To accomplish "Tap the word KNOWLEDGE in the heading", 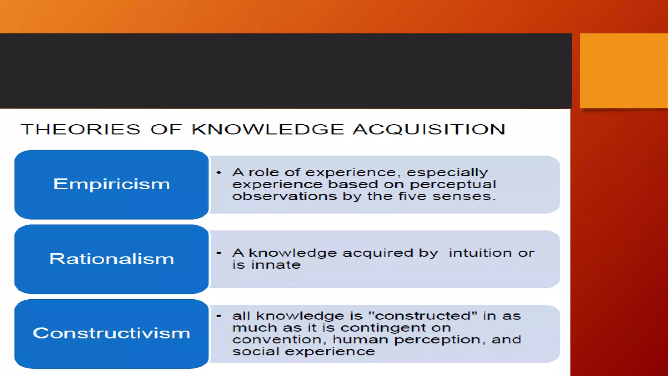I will [x=267, y=129].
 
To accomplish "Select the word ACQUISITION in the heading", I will [x=429, y=129].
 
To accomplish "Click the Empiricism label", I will [x=112, y=184].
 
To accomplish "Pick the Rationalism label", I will [x=112, y=259].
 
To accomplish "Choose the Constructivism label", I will [x=112, y=333].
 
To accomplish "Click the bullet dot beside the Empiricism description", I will [x=219, y=172].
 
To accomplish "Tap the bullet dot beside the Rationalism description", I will [x=219, y=253].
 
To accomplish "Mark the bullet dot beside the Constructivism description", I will [x=219, y=316].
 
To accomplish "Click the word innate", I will [x=276, y=265].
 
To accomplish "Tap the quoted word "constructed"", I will [x=423, y=316].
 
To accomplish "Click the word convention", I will [x=279, y=340].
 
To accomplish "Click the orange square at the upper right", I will [x=623, y=70].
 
